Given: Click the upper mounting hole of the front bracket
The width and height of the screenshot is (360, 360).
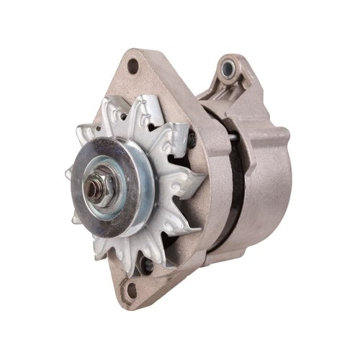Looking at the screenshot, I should (133, 67).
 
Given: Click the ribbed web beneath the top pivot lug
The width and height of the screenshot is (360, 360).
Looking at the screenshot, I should (230, 94).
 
